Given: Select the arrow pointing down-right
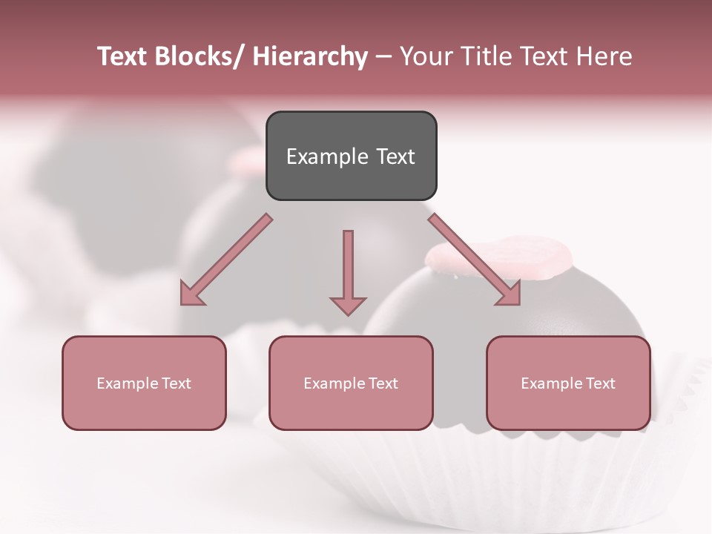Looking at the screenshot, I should click(475, 260).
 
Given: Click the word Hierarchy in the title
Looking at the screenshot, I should click(310, 56).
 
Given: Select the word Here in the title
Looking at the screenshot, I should click(606, 56).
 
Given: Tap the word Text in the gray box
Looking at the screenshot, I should click(395, 156).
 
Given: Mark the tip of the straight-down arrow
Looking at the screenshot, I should click(348, 314).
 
